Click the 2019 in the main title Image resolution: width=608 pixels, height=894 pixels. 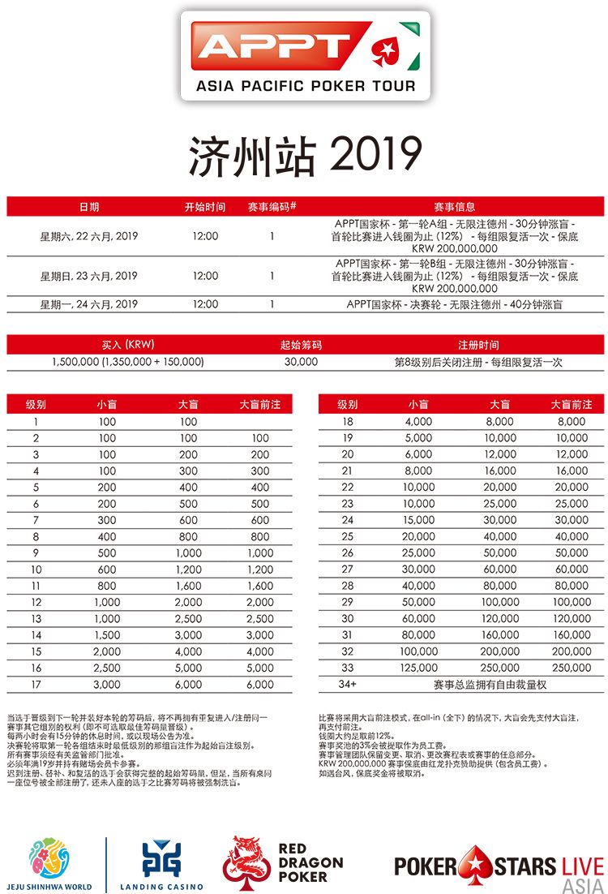pos(378,154)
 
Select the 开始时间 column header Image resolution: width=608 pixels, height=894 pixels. pos(205,207)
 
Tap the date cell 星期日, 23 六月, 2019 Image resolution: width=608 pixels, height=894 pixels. pos(89,276)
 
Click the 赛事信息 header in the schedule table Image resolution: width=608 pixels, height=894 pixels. pos(455,207)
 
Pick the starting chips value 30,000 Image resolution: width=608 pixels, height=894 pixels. pos(301,362)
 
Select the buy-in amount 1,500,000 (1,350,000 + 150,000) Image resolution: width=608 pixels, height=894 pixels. pos(127,362)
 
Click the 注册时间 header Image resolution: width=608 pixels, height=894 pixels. pos(478,345)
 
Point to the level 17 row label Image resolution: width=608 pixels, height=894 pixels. pos(36,685)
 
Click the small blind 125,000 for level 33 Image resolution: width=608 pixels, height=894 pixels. pos(419,668)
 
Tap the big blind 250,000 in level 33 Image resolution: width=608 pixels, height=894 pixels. pos(500,668)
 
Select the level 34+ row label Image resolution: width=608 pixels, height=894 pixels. pos(348,685)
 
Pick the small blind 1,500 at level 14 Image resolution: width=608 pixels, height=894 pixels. pos(107,635)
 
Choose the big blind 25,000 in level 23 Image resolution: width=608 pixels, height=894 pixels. pos(500,504)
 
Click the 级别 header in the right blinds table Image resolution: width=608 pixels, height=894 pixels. pos(348,404)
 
